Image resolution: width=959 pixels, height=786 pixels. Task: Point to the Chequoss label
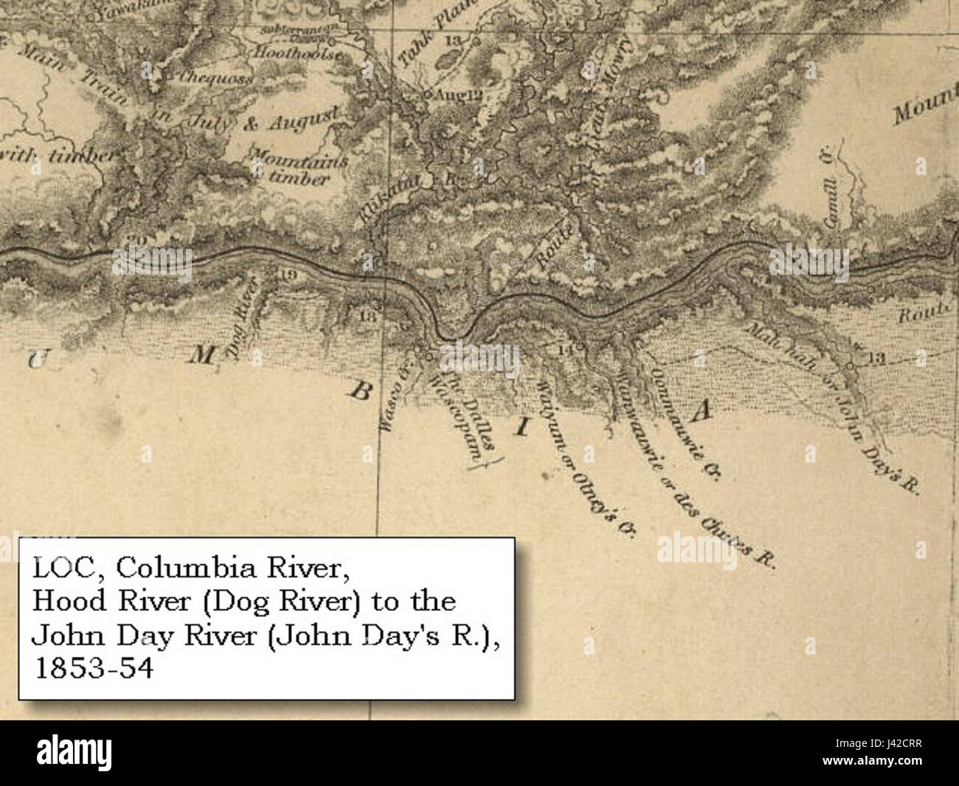pyautogui.click(x=208, y=76)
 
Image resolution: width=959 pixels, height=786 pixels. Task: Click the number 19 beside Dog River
pyautogui.click(x=288, y=275)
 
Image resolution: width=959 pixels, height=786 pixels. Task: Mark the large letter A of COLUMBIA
pyautogui.click(x=702, y=410)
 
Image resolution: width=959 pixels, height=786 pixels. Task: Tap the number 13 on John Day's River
pyautogui.click(x=876, y=359)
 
